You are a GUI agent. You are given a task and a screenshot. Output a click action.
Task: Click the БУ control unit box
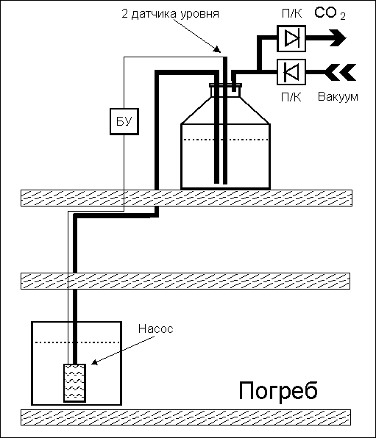coord(124,121)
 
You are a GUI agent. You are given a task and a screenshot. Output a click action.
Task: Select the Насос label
coord(156,328)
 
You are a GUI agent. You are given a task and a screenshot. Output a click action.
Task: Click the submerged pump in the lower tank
coord(75,383)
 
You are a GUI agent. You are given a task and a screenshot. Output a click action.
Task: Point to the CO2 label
coord(330,13)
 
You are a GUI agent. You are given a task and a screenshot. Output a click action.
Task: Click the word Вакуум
coord(338,97)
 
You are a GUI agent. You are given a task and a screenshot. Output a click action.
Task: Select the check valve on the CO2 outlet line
coord(291,38)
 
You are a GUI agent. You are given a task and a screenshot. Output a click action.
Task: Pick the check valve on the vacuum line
coord(291,72)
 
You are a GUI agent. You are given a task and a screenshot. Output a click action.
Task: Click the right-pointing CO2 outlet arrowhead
coord(338,37)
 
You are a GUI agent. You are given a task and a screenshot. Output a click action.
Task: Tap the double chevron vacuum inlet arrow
coord(341,72)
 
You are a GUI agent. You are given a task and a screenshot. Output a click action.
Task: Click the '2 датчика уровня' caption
coord(171,14)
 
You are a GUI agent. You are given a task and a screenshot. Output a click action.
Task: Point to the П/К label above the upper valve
coord(292,13)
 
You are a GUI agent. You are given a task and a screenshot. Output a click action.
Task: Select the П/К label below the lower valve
coord(291,97)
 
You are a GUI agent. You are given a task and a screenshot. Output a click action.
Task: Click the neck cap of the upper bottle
coord(225,85)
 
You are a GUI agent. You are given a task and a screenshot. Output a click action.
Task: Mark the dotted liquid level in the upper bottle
coord(225,140)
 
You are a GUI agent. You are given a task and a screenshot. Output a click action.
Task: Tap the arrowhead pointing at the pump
coord(95,362)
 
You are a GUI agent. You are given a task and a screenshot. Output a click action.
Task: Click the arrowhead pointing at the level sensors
coord(217,49)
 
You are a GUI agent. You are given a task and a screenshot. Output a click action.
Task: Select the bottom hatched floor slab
coord(185,417)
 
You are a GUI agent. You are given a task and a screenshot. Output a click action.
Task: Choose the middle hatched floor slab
coord(185,281)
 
